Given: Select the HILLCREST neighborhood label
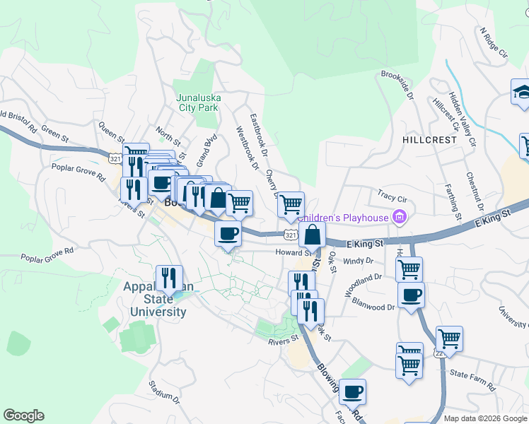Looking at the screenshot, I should (429, 140).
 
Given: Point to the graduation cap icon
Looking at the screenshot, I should (521, 92).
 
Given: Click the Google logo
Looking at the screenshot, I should (23, 416).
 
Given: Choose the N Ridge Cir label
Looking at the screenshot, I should (494, 42).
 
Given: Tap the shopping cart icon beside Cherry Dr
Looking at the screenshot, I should (291, 204).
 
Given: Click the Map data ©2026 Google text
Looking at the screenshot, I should (486, 418).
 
